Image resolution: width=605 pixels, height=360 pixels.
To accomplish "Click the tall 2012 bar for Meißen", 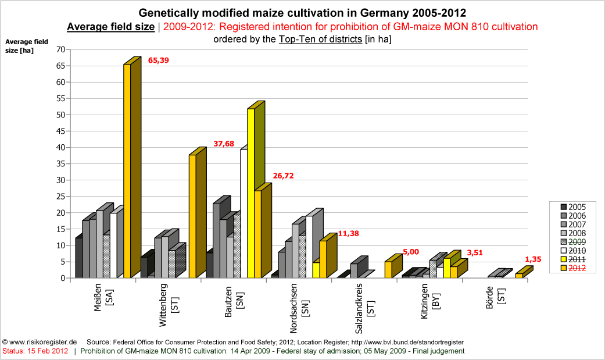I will click(x=127, y=172).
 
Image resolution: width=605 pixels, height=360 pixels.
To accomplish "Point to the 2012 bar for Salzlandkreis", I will click(x=388, y=270).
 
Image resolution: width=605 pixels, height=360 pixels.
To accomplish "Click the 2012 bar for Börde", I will click(x=519, y=275).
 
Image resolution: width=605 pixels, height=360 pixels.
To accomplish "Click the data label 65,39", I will click(x=160, y=60).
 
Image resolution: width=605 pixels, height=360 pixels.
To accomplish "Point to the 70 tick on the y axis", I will click(x=60, y=49).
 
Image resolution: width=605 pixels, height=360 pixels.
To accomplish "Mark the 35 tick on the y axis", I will click(x=60, y=164).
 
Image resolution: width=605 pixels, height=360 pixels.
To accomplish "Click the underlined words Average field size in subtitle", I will click(x=111, y=27).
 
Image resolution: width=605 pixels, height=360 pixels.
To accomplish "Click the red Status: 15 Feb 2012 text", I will click(x=35, y=351).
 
